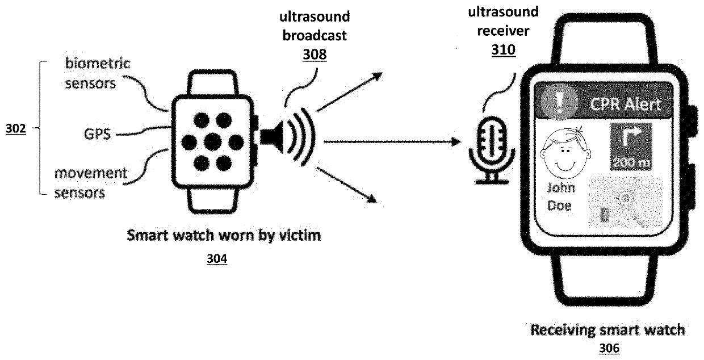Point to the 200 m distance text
tap(631, 163)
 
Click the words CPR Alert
tap(625, 105)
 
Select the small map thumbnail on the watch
tap(625, 203)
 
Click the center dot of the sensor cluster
tap(212, 141)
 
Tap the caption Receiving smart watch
tap(607, 330)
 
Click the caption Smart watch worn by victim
tap(224, 235)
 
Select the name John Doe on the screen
tap(560, 196)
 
